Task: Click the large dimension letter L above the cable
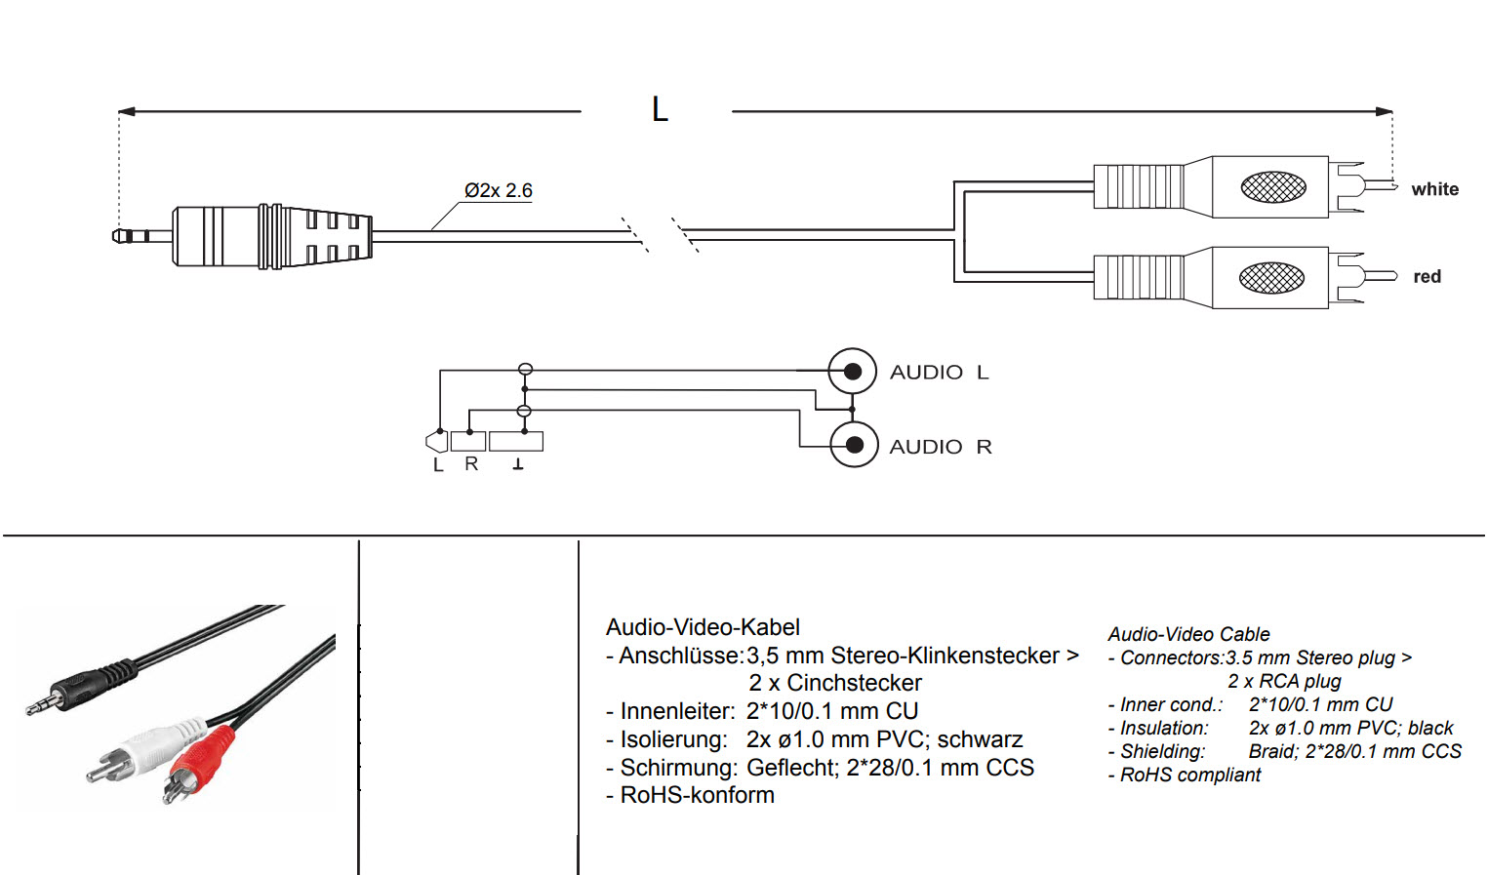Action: tap(660, 109)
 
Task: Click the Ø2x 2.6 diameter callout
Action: tap(499, 190)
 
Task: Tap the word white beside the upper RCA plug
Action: tap(1435, 189)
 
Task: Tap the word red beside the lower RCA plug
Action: tap(1427, 276)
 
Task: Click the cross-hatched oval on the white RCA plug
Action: tap(1272, 187)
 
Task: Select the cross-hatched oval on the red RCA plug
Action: tap(1271, 277)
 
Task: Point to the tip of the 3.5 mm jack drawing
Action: tap(114, 236)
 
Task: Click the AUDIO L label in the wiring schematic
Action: tap(940, 372)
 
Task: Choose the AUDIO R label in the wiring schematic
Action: tap(941, 446)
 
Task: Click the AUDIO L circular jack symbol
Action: tap(853, 371)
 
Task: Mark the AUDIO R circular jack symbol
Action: tap(855, 444)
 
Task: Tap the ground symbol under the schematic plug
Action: tap(518, 464)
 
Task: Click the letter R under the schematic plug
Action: tap(471, 463)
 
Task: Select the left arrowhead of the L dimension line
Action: tap(127, 111)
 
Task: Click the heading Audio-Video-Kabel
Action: tap(703, 626)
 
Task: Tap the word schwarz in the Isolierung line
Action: tap(980, 738)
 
